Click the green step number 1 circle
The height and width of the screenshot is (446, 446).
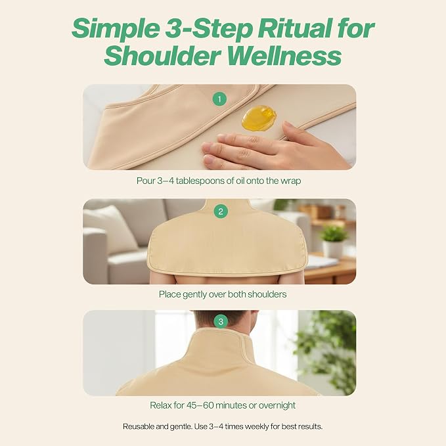pyautogui.click(x=219, y=99)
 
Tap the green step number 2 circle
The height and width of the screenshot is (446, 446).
pyautogui.click(x=221, y=212)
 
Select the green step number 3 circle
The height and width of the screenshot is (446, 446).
pyautogui.click(x=221, y=322)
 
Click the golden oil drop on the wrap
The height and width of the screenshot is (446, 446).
pyautogui.click(x=259, y=118)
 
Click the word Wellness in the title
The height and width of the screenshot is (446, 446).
pyautogui.click(x=284, y=55)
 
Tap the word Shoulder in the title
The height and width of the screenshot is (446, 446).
pyautogui.click(x=163, y=55)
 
